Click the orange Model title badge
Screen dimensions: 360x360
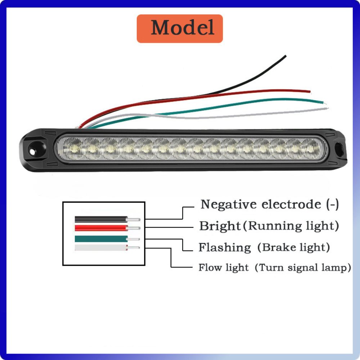coord(180,28)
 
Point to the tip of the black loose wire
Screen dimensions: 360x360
coord(285,56)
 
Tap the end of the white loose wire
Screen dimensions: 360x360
coord(327,107)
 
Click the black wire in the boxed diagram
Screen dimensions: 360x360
coord(101,219)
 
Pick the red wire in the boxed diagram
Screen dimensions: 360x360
coord(101,228)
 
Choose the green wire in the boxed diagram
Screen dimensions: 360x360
coord(101,239)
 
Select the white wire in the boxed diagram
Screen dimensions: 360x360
coord(101,247)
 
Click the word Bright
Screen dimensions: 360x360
coord(220,226)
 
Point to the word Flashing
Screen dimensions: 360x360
coord(225,248)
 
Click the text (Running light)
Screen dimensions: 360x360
coord(291,226)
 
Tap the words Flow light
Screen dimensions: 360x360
coord(223,267)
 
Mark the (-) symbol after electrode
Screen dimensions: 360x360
coord(332,204)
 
